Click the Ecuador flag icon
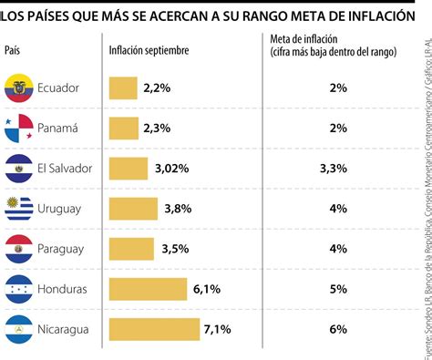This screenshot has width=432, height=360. [x=19, y=88]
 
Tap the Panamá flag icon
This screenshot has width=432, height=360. [x=19, y=129]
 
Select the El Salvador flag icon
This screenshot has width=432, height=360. [x=19, y=169]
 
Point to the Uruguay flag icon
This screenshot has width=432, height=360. [x=19, y=209]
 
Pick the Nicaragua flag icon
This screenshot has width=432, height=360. [x=19, y=329]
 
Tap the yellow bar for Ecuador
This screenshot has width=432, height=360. [x=123, y=88]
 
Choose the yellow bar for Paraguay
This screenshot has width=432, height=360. [x=131, y=249]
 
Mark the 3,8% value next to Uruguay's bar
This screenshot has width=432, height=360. [x=179, y=209]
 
